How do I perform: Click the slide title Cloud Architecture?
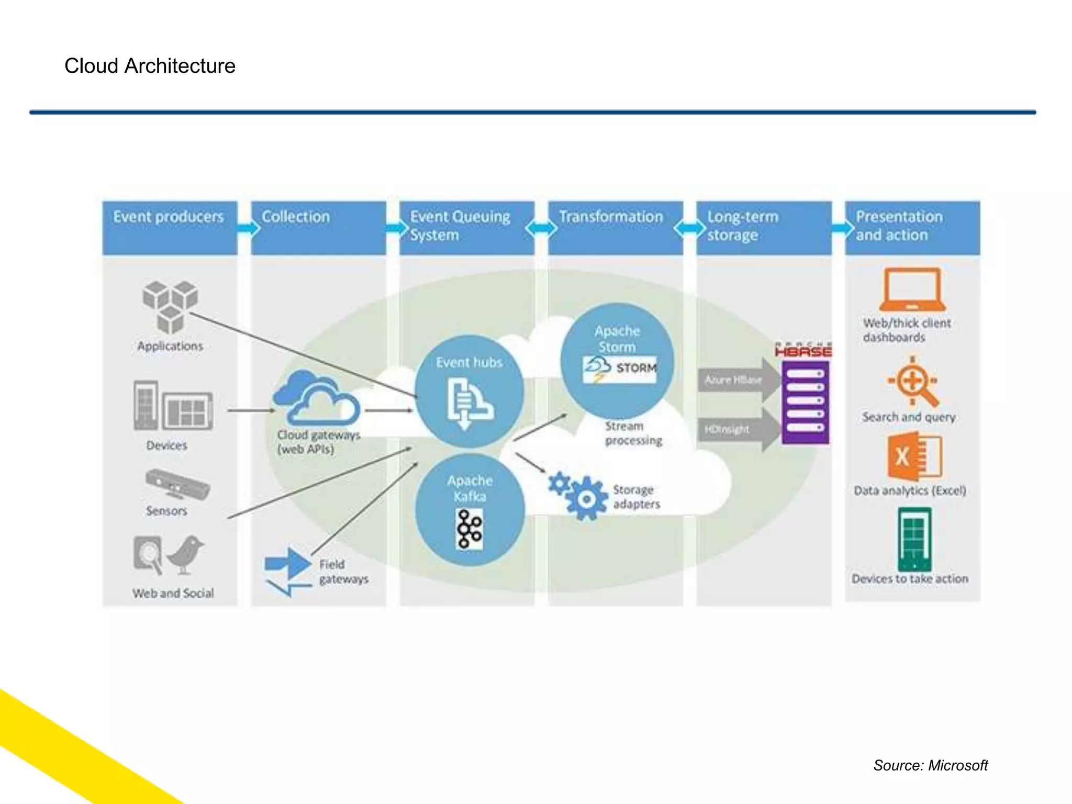click(150, 66)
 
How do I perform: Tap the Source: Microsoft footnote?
click(930, 765)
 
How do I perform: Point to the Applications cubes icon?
click(170, 307)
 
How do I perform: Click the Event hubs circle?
click(470, 392)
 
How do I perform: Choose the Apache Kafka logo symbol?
click(470, 529)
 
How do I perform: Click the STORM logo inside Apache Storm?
click(620, 368)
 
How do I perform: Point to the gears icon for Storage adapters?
click(576, 495)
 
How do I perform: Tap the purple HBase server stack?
click(805, 402)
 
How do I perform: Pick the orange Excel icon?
click(913, 456)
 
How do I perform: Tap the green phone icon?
click(914, 539)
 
